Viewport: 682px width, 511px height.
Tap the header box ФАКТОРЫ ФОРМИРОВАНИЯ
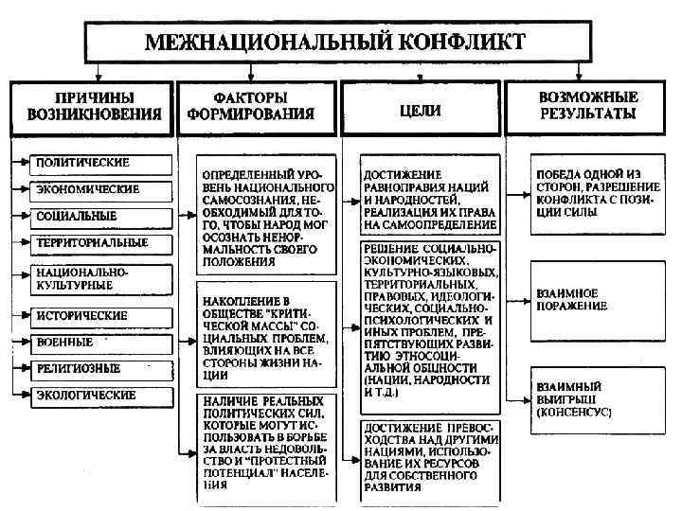click(258, 106)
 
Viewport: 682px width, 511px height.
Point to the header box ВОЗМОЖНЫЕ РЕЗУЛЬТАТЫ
click(588, 106)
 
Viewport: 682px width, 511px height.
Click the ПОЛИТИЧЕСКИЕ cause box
click(90, 162)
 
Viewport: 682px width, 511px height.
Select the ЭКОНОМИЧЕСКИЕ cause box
click(90, 189)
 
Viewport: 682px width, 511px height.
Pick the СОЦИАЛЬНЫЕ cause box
click(90, 216)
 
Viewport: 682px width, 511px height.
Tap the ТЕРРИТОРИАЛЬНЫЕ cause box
click(90, 243)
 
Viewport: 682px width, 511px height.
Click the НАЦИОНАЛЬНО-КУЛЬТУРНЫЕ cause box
click(90, 277)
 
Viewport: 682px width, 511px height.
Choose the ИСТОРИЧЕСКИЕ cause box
click(90, 313)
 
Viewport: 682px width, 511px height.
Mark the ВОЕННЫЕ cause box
click(90, 341)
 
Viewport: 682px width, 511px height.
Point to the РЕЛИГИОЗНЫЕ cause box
click(90, 367)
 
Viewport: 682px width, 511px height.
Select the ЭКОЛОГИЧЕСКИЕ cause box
click(90, 395)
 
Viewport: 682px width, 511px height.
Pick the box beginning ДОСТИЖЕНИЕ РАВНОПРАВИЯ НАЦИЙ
click(430, 200)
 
